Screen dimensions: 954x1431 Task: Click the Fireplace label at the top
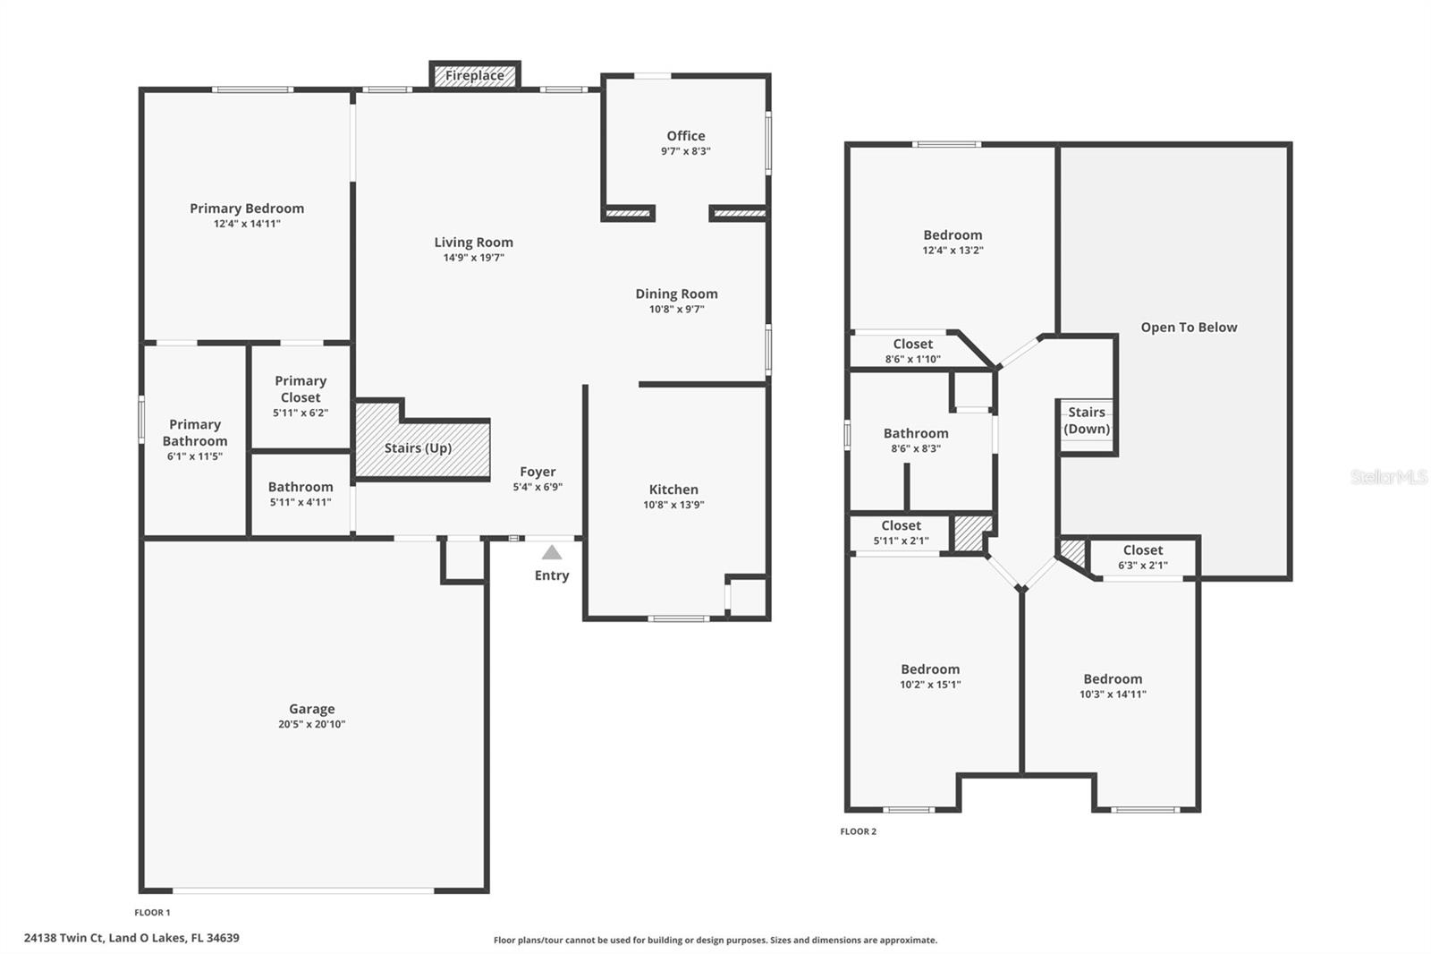click(x=475, y=76)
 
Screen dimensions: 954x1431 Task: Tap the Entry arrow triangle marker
click(x=552, y=553)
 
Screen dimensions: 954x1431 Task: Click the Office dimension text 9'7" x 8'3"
click(x=685, y=151)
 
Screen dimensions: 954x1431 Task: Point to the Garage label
click(x=311, y=709)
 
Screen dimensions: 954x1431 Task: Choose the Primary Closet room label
click(x=301, y=389)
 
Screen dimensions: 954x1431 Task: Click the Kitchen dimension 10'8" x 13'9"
click(x=673, y=505)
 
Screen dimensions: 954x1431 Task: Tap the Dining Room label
click(x=676, y=294)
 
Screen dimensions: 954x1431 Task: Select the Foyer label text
click(x=538, y=472)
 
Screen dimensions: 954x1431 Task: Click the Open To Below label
click(x=1189, y=328)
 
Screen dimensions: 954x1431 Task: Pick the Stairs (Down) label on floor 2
click(x=1087, y=421)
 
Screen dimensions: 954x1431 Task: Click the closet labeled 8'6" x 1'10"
click(x=912, y=351)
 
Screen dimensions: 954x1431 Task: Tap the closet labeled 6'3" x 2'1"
click(x=1142, y=558)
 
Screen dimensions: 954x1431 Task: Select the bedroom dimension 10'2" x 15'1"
click(x=930, y=685)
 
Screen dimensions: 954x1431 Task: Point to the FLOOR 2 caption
click(x=858, y=831)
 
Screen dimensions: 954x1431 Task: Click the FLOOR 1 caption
click(x=152, y=913)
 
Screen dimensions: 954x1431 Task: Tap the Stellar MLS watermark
click(x=1388, y=477)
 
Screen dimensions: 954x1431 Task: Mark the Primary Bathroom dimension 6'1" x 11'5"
click(x=194, y=456)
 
